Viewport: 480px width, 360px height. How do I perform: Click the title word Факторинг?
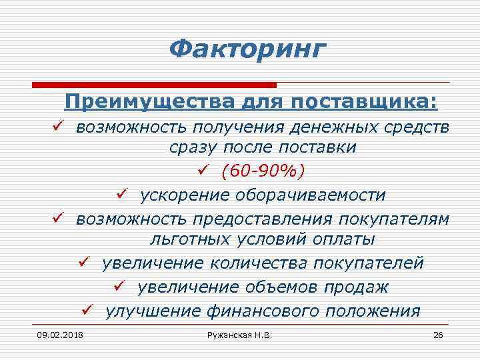[x=248, y=49]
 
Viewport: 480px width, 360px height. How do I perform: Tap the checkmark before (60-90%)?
[x=204, y=171]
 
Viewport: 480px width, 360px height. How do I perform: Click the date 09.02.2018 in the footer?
[x=56, y=334]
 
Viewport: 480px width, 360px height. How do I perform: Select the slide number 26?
[x=438, y=334]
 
